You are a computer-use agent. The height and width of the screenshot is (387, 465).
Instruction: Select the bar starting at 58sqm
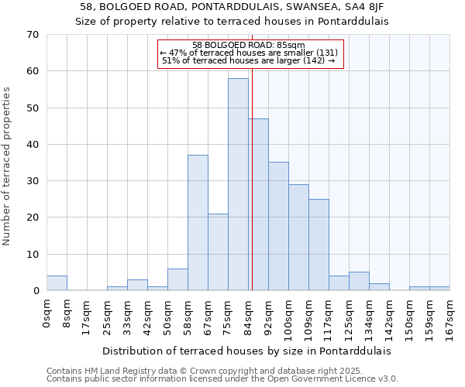pyautogui.click(x=198, y=223)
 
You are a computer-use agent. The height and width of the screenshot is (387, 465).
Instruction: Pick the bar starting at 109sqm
pyautogui.click(x=319, y=245)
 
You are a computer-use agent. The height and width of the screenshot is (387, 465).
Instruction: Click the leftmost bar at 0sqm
pyautogui.click(x=57, y=283)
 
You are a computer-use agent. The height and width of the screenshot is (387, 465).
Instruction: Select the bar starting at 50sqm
pyautogui.click(x=177, y=279)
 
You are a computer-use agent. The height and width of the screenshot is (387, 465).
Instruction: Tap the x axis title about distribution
pyautogui.click(x=246, y=351)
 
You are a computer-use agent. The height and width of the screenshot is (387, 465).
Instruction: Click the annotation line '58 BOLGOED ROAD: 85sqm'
pyautogui.click(x=248, y=45)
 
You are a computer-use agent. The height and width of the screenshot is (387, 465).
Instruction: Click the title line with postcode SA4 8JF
pyautogui.click(x=232, y=7)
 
